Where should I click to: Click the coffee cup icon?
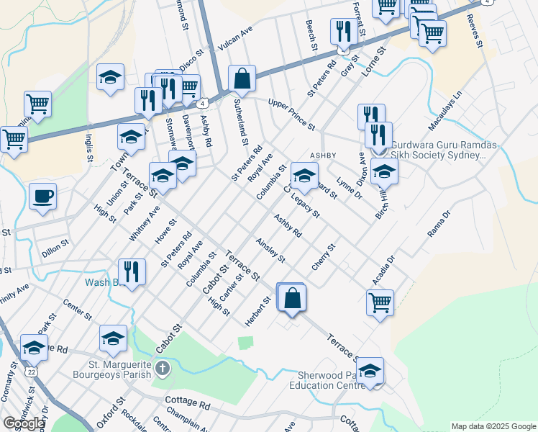point(43,196)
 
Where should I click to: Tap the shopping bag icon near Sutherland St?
point(242,79)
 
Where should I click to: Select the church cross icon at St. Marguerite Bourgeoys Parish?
point(163,369)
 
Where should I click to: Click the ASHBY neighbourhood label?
point(323,156)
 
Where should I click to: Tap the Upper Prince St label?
point(291,114)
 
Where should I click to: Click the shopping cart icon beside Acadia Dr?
point(380,302)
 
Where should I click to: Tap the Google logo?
point(24,423)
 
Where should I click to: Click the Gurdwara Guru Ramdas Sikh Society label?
point(443,150)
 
